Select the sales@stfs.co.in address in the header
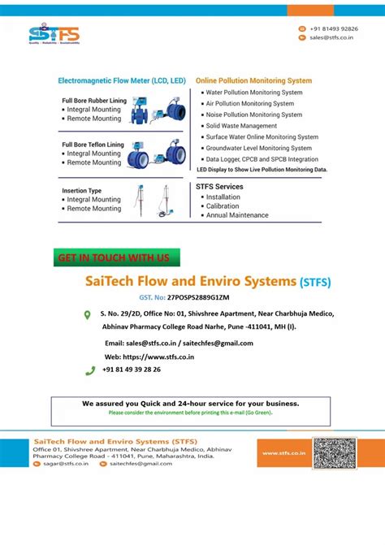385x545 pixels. point(329,37)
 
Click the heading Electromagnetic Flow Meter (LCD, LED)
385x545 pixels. point(122,81)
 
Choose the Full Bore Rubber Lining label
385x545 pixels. point(94,101)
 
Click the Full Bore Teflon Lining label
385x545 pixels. point(93,145)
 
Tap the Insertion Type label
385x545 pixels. point(82,191)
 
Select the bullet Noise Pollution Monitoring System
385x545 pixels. point(254,115)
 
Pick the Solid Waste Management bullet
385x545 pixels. point(241,127)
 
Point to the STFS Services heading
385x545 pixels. point(219,187)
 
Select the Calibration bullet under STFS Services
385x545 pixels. point(223,206)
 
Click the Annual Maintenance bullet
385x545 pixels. point(237,216)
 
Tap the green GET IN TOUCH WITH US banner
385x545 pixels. point(115,258)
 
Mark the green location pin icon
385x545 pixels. point(88,315)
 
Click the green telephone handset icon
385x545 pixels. point(90,370)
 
